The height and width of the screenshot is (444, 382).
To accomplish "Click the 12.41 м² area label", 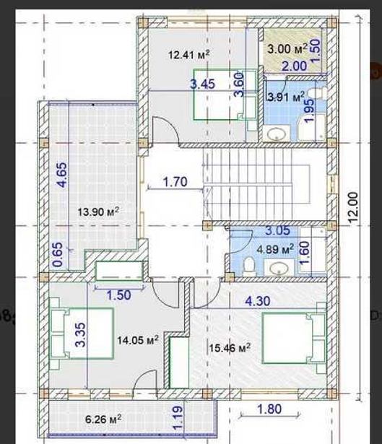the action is pyautogui.click(x=189, y=54).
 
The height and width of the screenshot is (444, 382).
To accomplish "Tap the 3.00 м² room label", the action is pyautogui.click(x=287, y=48).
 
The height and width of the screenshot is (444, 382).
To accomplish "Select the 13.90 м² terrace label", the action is pyautogui.click(x=98, y=212).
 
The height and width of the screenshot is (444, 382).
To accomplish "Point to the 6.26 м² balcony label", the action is pyautogui.click(x=104, y=419).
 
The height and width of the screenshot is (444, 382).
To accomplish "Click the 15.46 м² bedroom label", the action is pyautogui.click(x=230, y=347).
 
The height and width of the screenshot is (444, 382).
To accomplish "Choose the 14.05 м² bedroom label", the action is pyautogui.click(x=138, y=340).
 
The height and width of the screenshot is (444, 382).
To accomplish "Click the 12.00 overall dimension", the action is pyautogui.click(x=353, y=207).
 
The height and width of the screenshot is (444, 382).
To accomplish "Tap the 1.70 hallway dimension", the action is pyautogui.click(x=175, y=181).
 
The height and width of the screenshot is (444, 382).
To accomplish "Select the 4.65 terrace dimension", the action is pyautogui.click(x=62, y=175).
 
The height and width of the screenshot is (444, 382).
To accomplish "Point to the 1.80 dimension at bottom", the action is pyautogui.click(x=269, y=409).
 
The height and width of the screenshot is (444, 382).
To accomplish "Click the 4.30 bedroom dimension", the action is pyautogui.click(x=257, y=301).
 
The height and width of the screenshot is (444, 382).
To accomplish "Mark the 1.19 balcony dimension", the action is pyautogui.click(x=178, y=418).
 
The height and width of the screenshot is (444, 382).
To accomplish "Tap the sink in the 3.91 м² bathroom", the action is pyautogui.click(x=277, y=133).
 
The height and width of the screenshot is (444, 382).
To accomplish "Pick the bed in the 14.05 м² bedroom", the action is pyautogui.click(x=82, y=334).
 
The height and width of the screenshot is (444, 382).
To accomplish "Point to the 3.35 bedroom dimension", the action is pyautogui.click(x=80, y=335).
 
